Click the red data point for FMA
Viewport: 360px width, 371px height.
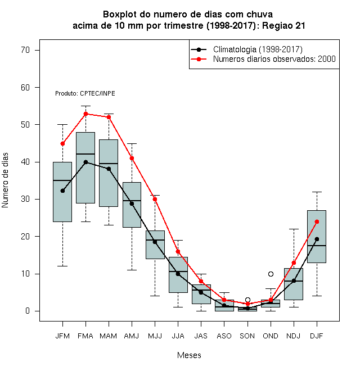pos(85,114)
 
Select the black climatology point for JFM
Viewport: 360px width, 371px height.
pos(62,191)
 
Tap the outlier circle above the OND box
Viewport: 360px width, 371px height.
pos(271,274)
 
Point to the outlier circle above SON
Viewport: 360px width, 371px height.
pos(247,300)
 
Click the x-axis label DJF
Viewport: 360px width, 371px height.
pos(317,336)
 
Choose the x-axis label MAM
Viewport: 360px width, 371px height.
pos(109,336)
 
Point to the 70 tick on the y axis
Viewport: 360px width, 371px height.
pos(25,50)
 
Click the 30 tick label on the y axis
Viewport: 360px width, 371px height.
pos(25,199)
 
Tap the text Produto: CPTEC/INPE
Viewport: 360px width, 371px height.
pos(85,93)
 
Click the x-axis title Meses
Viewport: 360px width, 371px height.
pos(189,355)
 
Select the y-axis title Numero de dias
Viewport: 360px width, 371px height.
pos(5,180)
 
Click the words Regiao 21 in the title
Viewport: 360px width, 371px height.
pos(283,25)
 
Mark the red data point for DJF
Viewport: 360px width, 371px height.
pos(317,221)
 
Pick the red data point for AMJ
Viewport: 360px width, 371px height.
pos(132,159)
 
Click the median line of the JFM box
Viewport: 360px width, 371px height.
pos(62,180)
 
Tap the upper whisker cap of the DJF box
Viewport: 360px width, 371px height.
pos(317,192)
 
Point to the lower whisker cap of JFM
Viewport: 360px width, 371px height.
pos(62,266)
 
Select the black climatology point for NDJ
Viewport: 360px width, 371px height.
pos(294,280)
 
